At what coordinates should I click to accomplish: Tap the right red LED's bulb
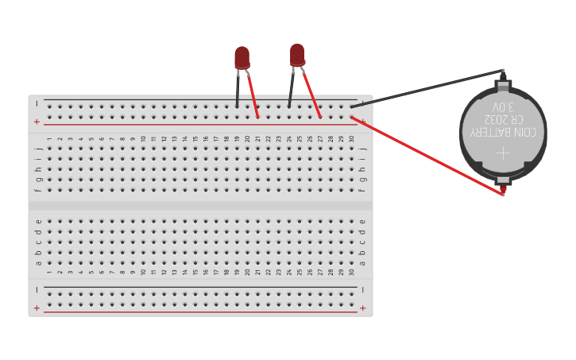tap(297, 54)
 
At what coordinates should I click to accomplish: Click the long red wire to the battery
tap(429, 155)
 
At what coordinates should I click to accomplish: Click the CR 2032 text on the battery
tap(502, 118)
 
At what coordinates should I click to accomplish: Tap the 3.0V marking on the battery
tap(503, 106)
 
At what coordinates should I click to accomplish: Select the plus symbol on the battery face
tap(503, 151)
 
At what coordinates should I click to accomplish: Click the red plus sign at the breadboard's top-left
tap(37, 122)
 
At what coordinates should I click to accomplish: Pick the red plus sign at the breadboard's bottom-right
tap(363, 308)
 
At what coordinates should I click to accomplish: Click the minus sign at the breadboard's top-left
tap(37, 103)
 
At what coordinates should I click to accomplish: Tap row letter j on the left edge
tap(37, 148)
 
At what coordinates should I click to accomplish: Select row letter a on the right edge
tap(363, 263)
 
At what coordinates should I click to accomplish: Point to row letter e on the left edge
tap(37, 222)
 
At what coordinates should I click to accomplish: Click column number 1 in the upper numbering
tap(49, 139)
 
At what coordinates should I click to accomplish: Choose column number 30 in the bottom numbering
tap(351, 273)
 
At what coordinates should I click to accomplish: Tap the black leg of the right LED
tap(291, 89)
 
